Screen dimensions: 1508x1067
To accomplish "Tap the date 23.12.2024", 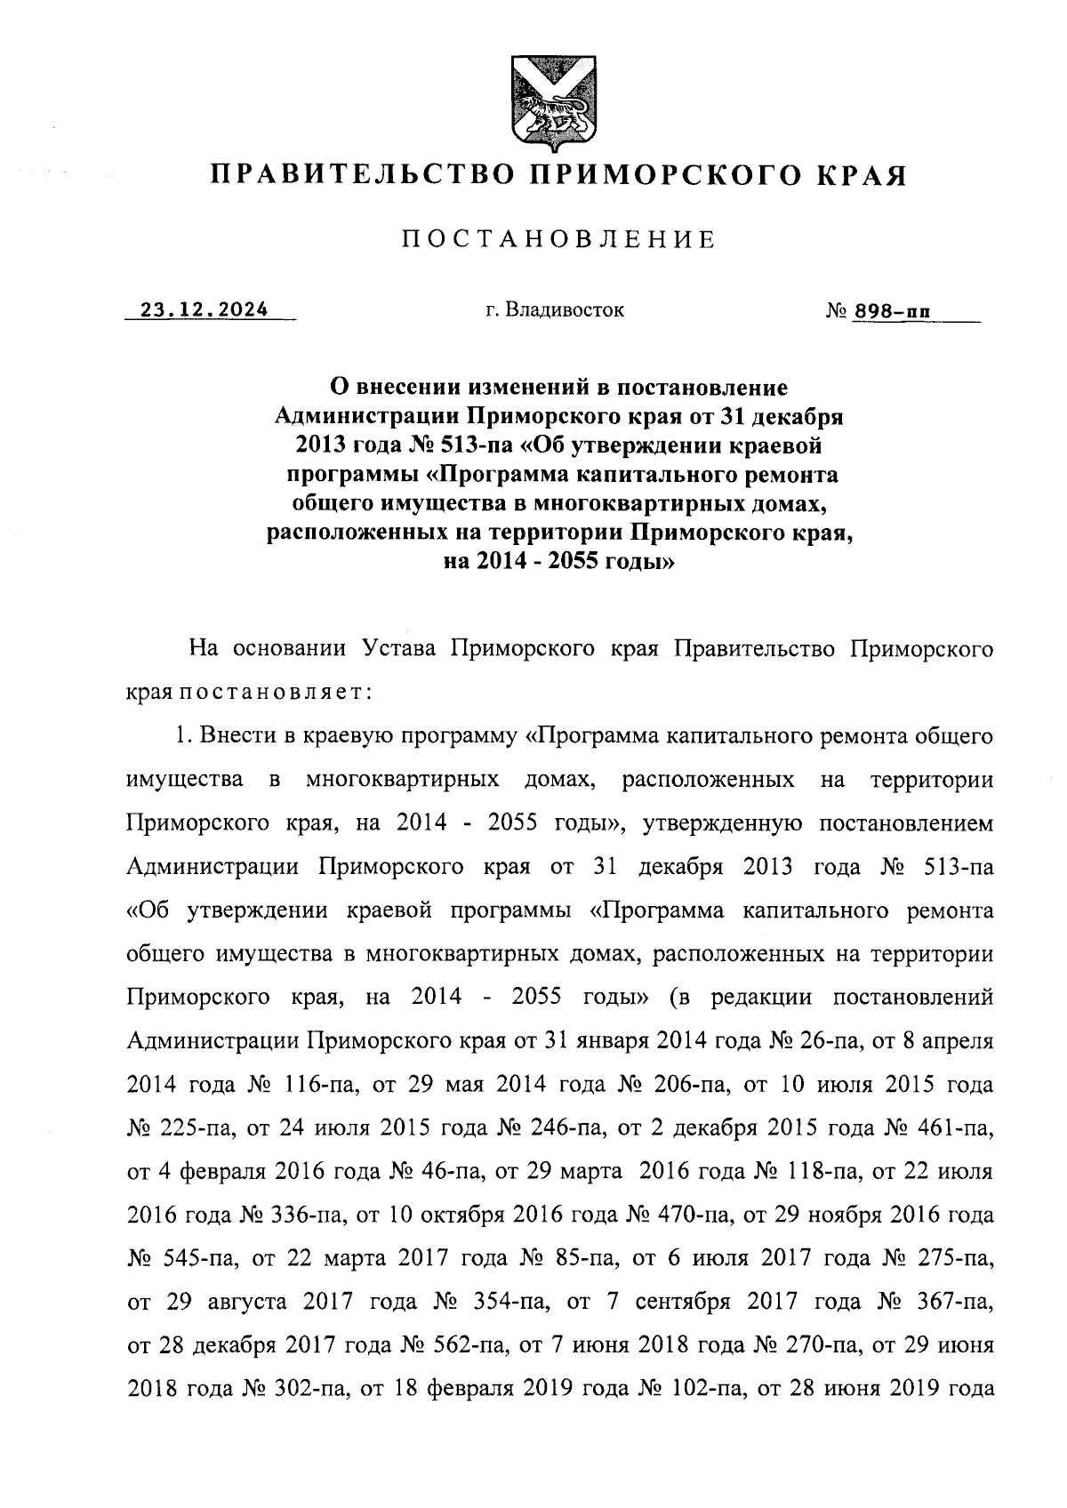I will (x=204, y=310).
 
